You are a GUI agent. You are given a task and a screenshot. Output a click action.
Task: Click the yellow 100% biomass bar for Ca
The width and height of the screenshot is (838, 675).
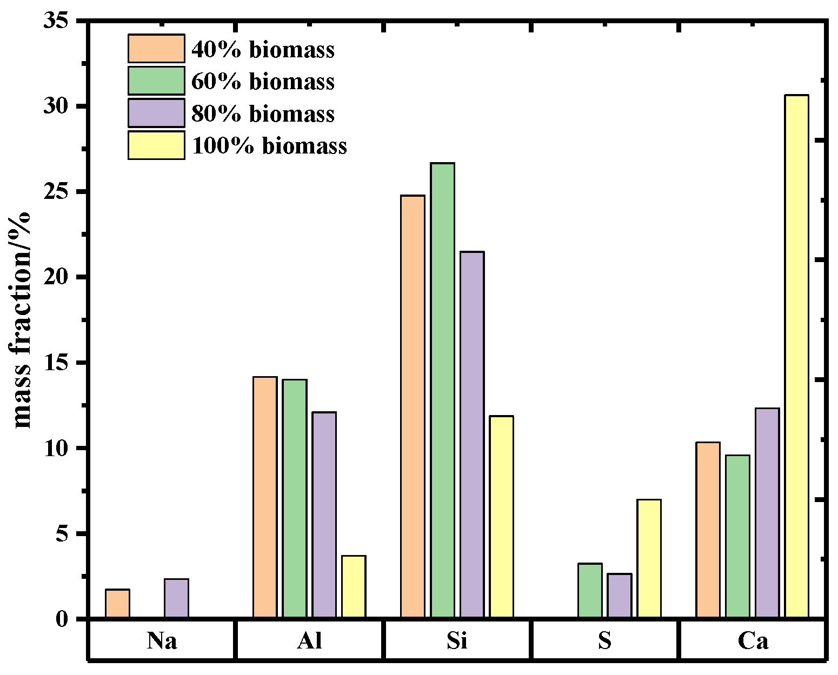(x=797, y=356)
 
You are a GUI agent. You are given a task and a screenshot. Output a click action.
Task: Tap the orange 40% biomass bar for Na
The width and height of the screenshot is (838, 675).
(x=117, y=604)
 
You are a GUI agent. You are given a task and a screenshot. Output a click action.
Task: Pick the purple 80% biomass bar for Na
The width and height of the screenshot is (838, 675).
(x=176, y=598)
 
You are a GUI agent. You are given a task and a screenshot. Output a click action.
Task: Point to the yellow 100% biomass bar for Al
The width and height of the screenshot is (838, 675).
(x=354, y=586)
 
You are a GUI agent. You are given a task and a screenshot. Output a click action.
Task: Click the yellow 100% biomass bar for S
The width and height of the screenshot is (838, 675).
(x=649, y=558)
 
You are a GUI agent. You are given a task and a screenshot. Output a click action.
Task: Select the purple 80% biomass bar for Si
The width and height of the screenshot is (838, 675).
(x=472, y=435)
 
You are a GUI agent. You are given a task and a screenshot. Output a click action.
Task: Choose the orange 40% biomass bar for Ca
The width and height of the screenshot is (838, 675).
(x=708, y=530)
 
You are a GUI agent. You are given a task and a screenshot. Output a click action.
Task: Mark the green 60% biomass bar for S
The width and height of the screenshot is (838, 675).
(x=590, y=590)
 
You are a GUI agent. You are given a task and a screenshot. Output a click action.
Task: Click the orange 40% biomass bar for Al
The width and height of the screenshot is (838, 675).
(x=265, y=497)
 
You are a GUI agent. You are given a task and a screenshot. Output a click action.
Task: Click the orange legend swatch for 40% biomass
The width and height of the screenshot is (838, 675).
(x=156, y=49)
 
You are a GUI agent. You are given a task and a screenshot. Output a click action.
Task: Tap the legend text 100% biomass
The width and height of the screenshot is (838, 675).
(x=269, y=146)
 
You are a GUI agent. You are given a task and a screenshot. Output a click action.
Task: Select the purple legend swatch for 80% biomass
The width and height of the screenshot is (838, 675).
(x=156, y=113)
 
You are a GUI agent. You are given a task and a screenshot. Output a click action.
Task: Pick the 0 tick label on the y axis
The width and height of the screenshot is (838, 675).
(x=64, y=619)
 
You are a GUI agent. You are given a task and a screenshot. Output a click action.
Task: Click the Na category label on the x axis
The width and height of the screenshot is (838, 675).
(x=162, y=641)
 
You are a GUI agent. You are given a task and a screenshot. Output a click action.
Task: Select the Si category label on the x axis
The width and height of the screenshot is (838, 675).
(x=457, y=641)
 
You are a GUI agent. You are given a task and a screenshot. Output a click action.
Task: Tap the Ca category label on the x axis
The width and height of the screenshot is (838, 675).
(x=753, y=641)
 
